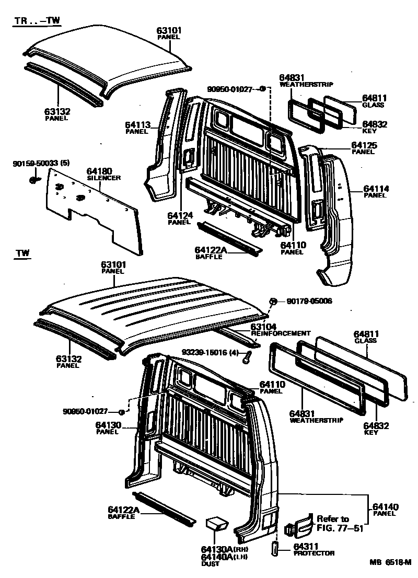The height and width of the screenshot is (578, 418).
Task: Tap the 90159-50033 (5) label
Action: [41, 164]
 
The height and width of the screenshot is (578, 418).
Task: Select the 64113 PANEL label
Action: [137, 127]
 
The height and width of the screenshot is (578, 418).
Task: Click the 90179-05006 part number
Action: [309, 301]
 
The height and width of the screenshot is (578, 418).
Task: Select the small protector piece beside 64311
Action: [275, 550]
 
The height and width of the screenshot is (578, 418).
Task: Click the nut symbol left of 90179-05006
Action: [273, 301]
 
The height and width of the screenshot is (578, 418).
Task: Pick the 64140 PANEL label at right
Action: [385, 510]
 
